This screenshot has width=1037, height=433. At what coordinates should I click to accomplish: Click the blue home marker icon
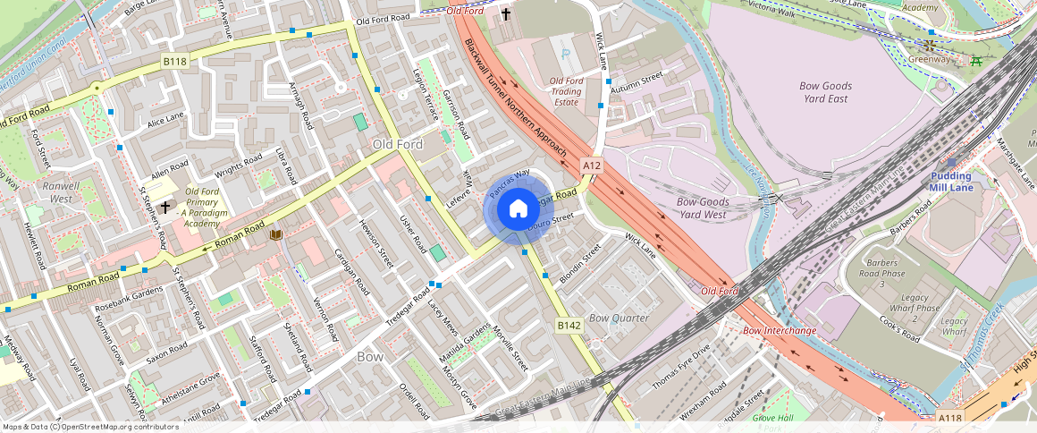click(518, 209)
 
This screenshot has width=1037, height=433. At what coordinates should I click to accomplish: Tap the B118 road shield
click(175, 62)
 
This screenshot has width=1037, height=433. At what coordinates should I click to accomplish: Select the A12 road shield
click(592, 166)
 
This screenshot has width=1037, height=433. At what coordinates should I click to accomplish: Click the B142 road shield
click(569, 325)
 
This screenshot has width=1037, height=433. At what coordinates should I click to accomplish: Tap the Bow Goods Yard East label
click(824, 92)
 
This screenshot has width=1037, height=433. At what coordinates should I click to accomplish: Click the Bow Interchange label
click(780, 331)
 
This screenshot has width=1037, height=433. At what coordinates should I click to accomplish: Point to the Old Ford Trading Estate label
click(566, 91)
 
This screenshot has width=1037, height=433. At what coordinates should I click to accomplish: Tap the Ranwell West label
click(61, 192)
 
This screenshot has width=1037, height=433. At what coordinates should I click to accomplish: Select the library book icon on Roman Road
click(275, 235)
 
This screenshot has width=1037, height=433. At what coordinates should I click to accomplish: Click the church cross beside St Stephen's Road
click(165, 207)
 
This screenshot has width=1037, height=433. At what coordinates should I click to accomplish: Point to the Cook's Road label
click(899, 329)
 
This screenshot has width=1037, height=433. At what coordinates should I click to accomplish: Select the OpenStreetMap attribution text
click(90, 427)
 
